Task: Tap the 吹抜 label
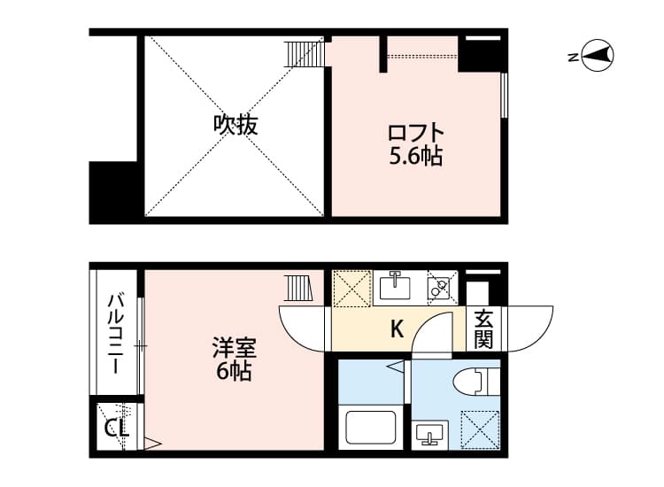pos(235,125)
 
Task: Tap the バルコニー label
pos(116,334)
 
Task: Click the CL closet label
pos(116,429)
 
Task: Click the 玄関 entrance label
pos(483,329)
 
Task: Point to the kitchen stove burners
pos(438,287)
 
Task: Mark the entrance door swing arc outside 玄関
pos(529,327)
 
